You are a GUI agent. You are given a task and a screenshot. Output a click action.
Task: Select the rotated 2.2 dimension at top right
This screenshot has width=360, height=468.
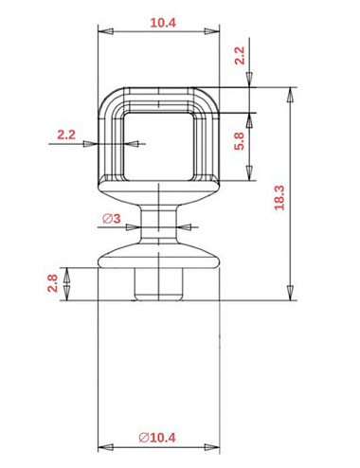click(x=240, y=55)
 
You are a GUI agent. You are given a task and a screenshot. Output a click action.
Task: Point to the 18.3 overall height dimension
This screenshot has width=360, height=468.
click(x=279, y=196)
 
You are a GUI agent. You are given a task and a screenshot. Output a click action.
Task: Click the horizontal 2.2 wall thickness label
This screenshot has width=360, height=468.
click(x=65, y=135)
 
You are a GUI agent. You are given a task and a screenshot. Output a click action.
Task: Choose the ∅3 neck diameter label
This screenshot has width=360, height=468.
click(x=110, y=219)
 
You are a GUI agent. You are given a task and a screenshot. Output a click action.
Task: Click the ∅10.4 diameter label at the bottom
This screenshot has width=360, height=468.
click(x=156, y=438)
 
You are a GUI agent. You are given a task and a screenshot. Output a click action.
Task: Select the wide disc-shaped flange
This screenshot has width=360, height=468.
click(x=158, y=256)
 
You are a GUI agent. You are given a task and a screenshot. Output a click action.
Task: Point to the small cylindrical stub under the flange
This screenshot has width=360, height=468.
click(x=158, y=283)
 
